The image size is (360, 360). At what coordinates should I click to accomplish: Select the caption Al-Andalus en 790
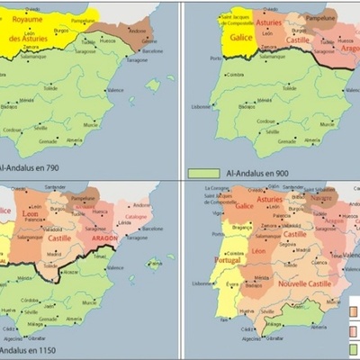click(x=32, y=168)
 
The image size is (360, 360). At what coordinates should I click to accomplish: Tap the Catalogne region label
click(x=135, y=217)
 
